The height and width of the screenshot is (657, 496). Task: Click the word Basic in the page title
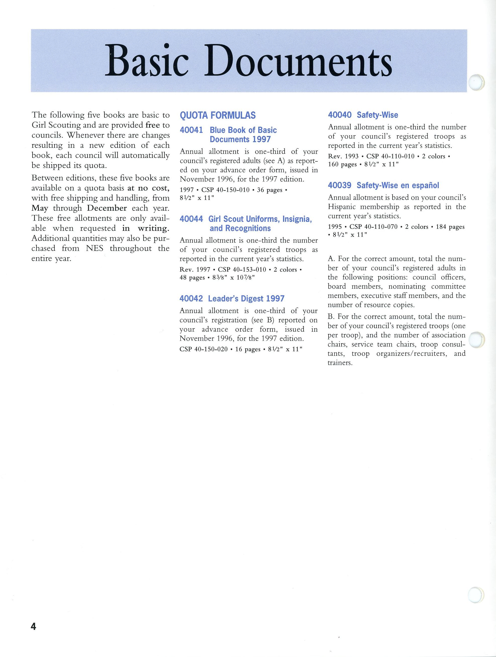(146, 61)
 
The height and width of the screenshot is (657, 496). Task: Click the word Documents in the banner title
(298, 61)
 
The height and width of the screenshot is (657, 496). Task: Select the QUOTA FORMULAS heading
(218, 115)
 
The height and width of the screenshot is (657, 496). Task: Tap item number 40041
(191, 130)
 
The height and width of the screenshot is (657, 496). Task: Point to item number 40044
(191, 219)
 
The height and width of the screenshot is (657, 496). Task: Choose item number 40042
(191, 298)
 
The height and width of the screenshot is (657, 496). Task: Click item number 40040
(339, 115)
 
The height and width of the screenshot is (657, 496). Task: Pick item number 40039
(339, 185)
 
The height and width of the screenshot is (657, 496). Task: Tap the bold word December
(107, 208)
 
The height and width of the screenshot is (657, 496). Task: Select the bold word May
(40, 208)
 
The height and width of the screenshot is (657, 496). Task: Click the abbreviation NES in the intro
(95, 248)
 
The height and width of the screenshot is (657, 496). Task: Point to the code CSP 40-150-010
(226, 190)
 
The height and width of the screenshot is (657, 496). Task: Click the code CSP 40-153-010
(242, 270)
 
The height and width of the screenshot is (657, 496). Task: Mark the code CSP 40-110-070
(373, 227)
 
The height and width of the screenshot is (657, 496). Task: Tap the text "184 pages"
(450, 227)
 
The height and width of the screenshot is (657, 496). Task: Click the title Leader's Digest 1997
(246, 298)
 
